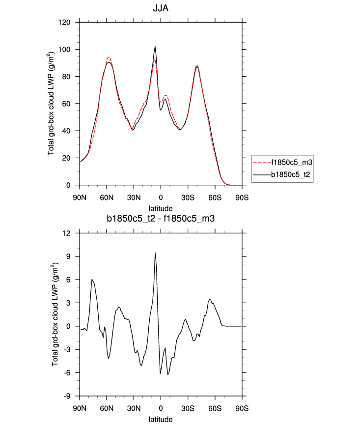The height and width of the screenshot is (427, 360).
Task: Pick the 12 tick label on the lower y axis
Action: [x=67, y=233]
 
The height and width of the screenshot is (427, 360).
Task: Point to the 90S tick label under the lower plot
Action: [x=242, y=408]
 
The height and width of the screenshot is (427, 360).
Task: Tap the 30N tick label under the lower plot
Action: [x=134, y=408]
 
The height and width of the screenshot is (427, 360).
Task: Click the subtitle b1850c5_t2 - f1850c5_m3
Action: [x=161, y=219]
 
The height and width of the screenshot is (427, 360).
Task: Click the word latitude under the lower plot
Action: [x=161, y=420]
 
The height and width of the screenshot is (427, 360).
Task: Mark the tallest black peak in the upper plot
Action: [x=155, y=47]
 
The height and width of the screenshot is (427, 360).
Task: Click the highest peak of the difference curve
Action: [x=155, y=253]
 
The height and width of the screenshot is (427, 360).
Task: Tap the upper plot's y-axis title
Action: [x=52, y=104]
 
